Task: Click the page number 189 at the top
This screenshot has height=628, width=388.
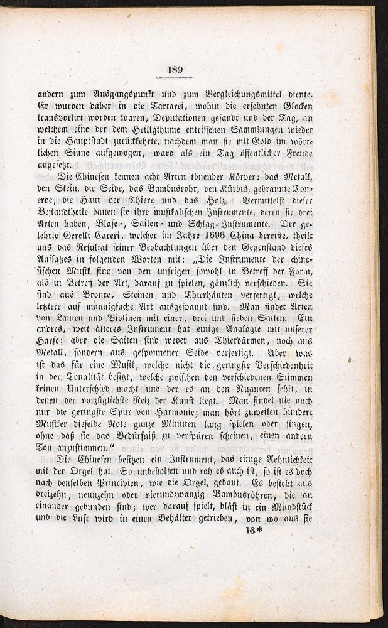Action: [175, 69]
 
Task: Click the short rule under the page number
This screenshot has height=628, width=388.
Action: [175, 78]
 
